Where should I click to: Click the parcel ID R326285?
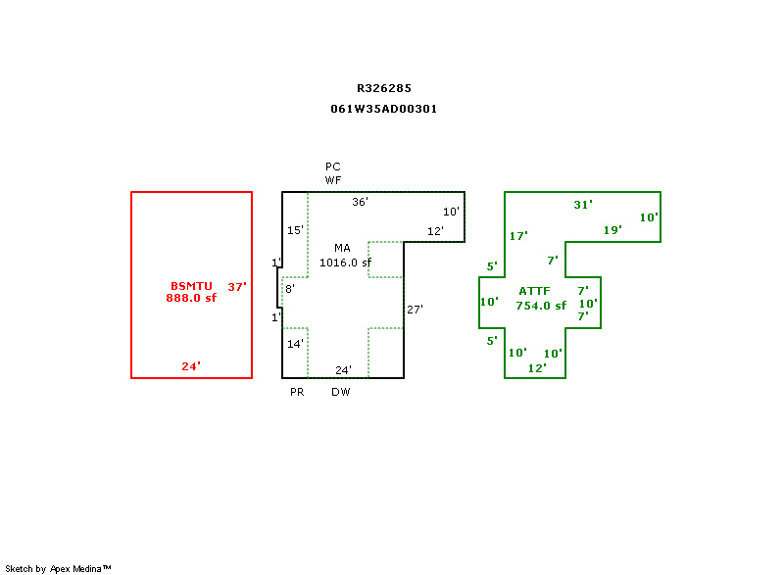(384, 88)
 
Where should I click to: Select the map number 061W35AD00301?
(384, 109)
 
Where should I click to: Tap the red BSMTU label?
(191, 286)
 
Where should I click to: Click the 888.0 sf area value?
(191, 298)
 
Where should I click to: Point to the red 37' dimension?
(238, 287)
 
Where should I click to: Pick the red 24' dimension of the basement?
(191, 366)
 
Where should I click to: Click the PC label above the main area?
(333, 167)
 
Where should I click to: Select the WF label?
(333, 180)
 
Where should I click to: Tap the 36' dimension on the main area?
(361, 202)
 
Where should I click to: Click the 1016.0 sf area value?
(346, 263)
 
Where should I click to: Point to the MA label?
(342, 248)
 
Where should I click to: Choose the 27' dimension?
(415, 310)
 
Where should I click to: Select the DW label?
(340, 392)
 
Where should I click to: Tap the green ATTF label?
(535, 292)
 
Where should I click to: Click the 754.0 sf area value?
(541, 306)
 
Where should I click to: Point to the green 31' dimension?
(583, 205)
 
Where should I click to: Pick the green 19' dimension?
(612, 230)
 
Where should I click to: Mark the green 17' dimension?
(518, 236)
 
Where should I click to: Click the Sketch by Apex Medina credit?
(58, 568)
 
